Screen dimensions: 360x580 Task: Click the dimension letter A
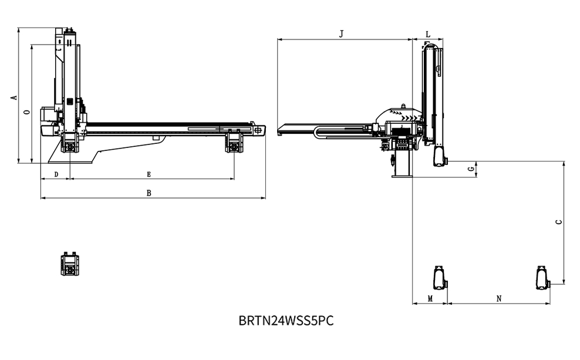tap(14, 97)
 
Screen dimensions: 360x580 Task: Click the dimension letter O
tap(26, 112)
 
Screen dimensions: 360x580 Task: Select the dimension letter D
tap(56, 174)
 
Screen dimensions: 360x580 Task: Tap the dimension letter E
tap(149, 174)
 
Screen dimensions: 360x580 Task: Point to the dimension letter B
tap(149, 193)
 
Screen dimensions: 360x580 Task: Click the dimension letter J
tap(342, 34)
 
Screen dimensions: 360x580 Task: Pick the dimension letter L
tap(428, 35)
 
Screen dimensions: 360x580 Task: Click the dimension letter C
tap(559, 222)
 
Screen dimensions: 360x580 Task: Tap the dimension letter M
tap(430, 298)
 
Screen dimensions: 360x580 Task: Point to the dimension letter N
tap(499, 298)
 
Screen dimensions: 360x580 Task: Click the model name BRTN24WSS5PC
tap(287, 321)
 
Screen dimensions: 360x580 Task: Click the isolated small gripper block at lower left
tap(70, 264)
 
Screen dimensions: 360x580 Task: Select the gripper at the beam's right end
tap(235, 142)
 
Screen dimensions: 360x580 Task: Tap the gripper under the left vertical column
tap(70, 142)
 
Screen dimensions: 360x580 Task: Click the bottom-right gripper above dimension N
tap(542, 278)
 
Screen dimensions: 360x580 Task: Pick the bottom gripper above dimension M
tap(439, 278)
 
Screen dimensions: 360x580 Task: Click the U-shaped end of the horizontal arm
tap(320, 132)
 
